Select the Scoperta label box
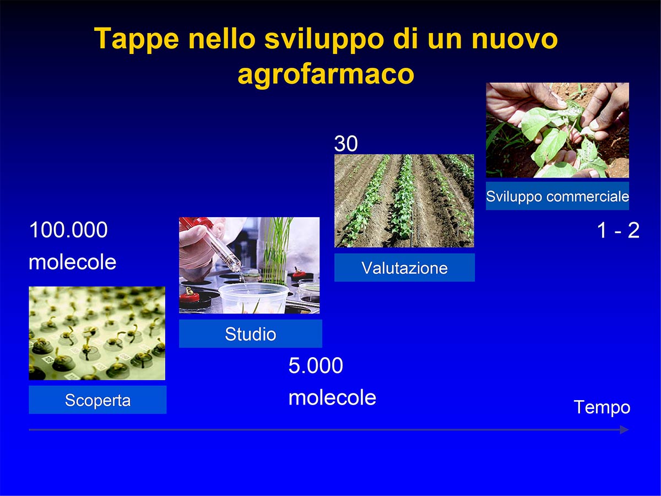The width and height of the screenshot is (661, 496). (97, 400)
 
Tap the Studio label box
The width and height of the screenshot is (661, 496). (251, 333)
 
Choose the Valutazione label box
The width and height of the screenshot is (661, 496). (404, 267)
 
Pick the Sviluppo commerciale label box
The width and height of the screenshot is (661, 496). (557, 196)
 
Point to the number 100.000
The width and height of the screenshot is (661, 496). (69, 230)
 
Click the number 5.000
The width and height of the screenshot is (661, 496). (316, 365)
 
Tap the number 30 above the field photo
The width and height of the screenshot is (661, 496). (346, 143)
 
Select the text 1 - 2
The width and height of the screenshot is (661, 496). (618, 231)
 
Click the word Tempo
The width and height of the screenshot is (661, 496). (602, 407)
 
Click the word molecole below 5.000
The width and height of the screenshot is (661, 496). (333, 397)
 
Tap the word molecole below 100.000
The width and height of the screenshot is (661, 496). (73, 262)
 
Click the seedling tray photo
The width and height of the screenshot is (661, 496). (97, 333)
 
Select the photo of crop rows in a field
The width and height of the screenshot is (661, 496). (404, 201)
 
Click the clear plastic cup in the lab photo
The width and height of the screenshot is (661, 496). (253, 298)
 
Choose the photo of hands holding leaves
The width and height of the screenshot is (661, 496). (557, 130)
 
